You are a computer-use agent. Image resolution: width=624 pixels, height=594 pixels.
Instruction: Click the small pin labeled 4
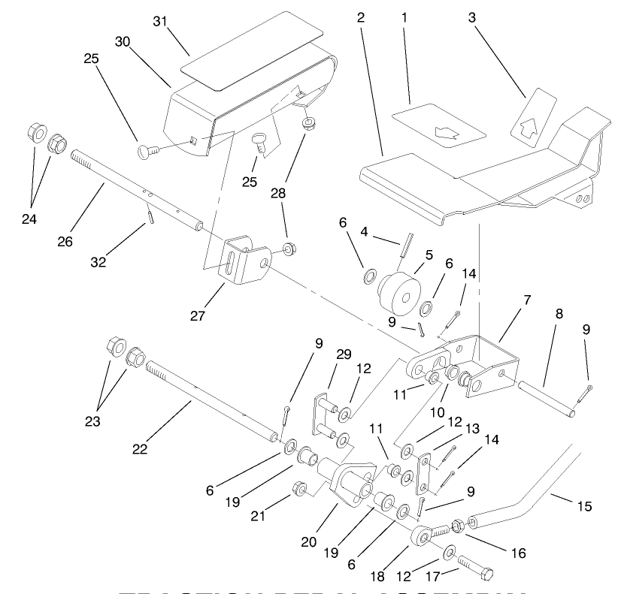click(407, 246)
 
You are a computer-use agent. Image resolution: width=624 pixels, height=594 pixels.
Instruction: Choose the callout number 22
click(140, 450)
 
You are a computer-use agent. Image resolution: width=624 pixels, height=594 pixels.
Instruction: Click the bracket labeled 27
click(244, 261)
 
